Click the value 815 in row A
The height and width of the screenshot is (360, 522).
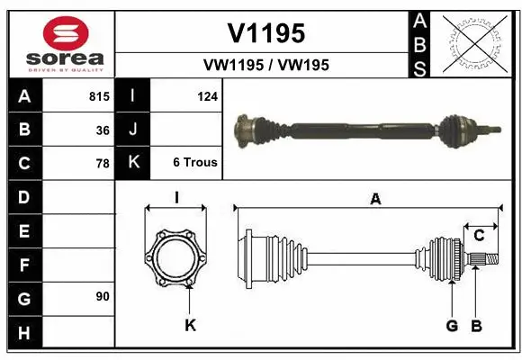(99, 95)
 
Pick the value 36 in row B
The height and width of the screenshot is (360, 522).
(103, 130)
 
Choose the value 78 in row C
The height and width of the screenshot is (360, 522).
(103, 164)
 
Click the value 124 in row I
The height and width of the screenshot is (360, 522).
(207, 95)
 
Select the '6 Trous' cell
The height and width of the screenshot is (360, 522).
(194, 163)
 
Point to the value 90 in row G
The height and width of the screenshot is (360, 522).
(103, 296)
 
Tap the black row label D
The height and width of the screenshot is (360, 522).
(24, 196)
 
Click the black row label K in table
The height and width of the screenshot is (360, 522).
(133, 163)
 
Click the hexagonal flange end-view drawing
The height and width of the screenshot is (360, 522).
(176, 256)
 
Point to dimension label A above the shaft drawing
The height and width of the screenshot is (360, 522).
(375, 200)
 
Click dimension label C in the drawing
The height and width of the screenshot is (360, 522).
(479, 235)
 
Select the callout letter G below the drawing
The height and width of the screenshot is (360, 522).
(452, 325)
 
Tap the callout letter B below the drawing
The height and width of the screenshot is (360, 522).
(477, 325)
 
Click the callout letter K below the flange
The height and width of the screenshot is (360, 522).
(190, 325)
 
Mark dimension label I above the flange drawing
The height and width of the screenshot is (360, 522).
(176, 197)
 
